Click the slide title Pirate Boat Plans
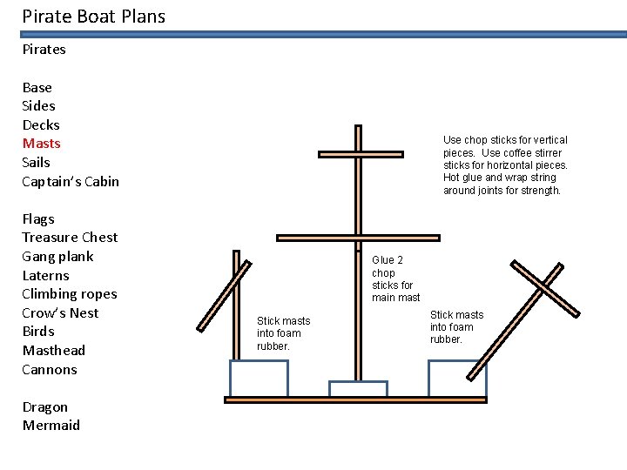(x=93, y=17)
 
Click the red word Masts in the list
(x=41, y=144)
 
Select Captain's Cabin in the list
(x=71, y=181)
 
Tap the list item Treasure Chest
(x=70, y=238)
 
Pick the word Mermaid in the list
(x=51, y=426)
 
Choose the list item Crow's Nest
(x=60, y=312)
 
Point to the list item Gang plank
(x=57, y=256)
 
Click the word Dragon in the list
(x=45, y=406)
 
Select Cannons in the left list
(x=50, y=369)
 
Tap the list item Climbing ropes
(x=70, y=294)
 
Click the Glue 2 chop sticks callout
(x=395, y=279)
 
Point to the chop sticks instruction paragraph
(x=505, y=164)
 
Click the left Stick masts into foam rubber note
(x=283, y=333)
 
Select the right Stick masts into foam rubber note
(x=456, y=327)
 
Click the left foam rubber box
(x=259, y=379)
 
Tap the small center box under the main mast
(x=358, y=389)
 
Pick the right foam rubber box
(x=457, y=379)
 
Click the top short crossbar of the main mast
(x=361, y=155)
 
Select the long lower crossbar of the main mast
(x=358, y=238)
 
